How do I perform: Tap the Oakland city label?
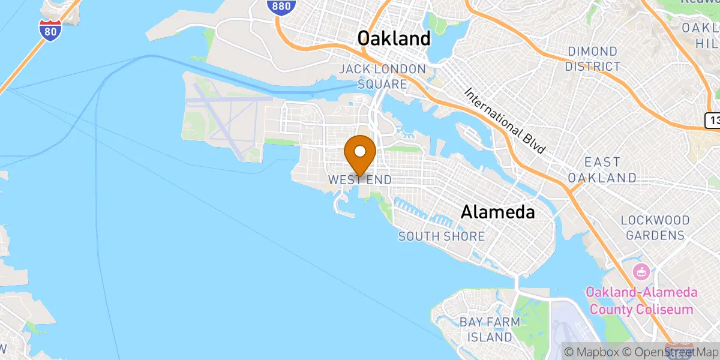pos(394,38)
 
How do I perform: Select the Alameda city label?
pos(497,212)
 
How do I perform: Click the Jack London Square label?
pos(382,77)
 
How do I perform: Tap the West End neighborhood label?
pos(360,180)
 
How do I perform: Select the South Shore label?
pos(442,236)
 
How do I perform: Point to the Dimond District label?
pos(593,59)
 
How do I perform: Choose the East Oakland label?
pos(602,170)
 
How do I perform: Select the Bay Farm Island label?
pos(490,329)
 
